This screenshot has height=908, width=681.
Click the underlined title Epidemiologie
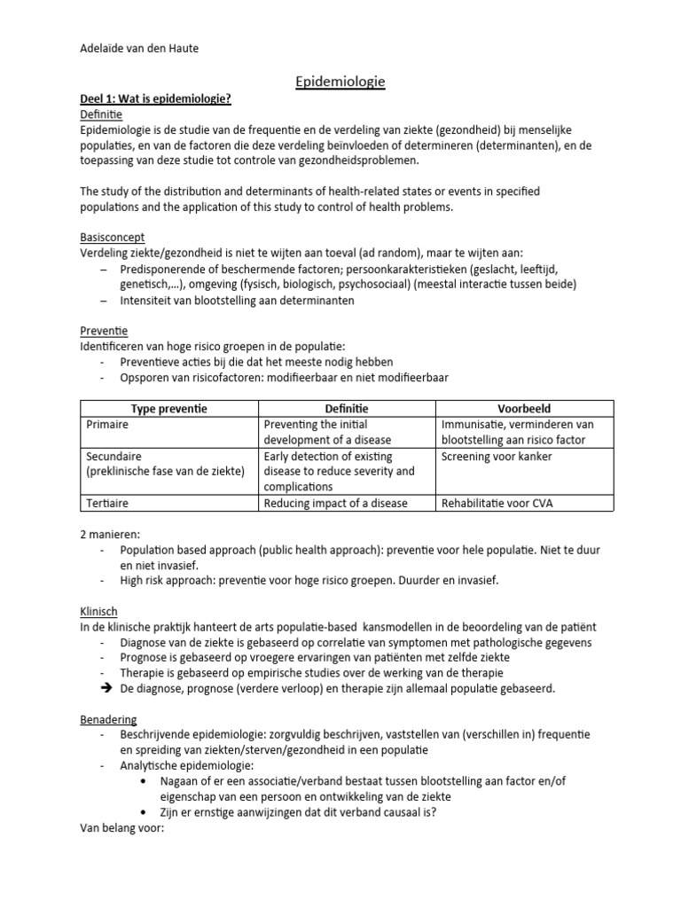point(340,82)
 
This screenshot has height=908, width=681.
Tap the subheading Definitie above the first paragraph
point(102,115)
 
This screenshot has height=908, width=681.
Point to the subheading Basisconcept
point(113,238)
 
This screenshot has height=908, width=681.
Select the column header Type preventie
point(168,409)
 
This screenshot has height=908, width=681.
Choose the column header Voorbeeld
point(524,409)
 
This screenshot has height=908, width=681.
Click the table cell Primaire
point(108,425)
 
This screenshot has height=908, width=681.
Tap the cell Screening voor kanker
point(496,457)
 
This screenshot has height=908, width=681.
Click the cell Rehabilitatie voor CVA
point(503,504)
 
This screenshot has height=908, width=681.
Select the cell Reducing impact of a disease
point(336,504)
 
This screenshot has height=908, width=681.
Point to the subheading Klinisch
point(98,611)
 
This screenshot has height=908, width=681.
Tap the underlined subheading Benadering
point(107,719)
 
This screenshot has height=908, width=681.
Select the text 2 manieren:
point(112,534)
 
